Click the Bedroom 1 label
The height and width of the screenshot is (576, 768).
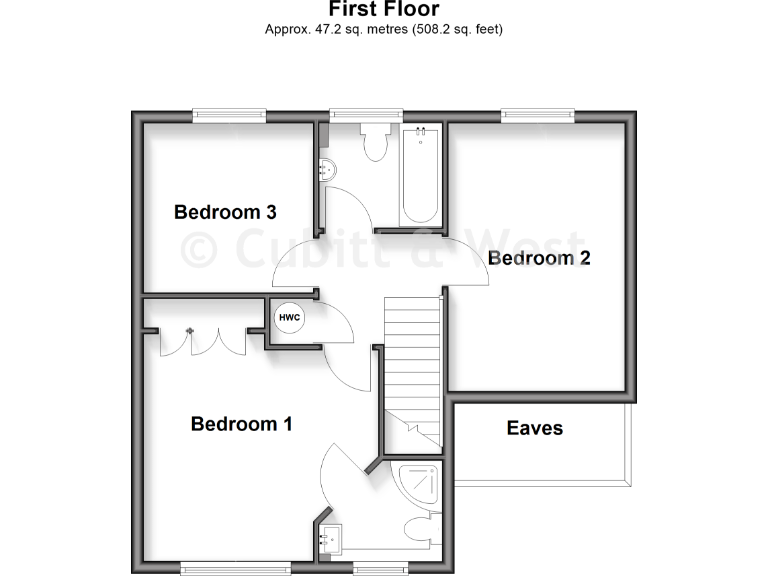pos(241,424)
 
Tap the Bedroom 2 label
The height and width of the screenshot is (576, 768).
pos(539,258)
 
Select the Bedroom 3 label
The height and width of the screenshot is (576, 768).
pos(225,212)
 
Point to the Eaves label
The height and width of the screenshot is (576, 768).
pos(534,428)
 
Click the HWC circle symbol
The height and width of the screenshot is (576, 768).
pos(290,318)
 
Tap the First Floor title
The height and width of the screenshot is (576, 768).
pos(383,10)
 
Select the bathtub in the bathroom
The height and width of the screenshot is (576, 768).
pos(419,175)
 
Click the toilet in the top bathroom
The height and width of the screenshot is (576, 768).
pos(376,142)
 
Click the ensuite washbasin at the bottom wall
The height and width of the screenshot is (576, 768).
pos(331,540)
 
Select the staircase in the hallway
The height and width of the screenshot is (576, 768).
pos(412,370)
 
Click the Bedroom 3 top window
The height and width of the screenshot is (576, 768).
pos(229,116)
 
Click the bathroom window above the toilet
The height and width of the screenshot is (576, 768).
pos(360,116)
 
